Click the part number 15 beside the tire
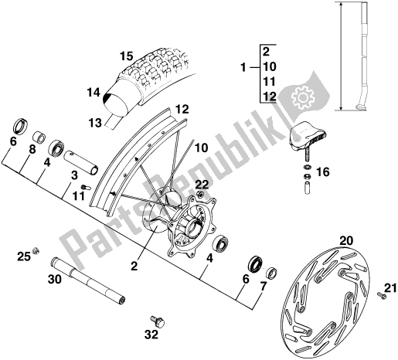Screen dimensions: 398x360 [127, 56]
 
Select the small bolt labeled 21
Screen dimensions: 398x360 [381, 295]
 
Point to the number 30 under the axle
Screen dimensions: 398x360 [55, 279]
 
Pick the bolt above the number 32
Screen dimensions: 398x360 [158, 322]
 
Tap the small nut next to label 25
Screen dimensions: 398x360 [36, 250]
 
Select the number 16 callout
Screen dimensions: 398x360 [323, 172]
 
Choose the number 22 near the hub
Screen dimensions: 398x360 [202, 185]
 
